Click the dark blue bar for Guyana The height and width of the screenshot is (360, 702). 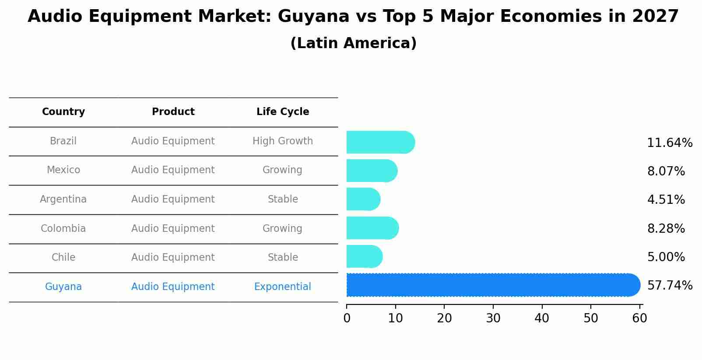pos(492,285)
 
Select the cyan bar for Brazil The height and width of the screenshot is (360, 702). pos(380,142)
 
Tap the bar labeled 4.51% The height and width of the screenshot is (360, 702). pos(363,199)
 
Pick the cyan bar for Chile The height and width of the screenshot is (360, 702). pos(364,257)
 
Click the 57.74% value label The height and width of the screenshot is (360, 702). pos(669,286)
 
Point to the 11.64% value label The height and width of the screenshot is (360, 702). pos(669,143)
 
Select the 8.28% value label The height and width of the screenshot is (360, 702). pos(666,229)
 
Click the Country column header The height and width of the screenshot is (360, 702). pos(63,112)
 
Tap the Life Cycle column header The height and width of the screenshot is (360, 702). pos(283,112)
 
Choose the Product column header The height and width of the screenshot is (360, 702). pos(173,112)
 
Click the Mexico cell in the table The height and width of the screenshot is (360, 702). pos(63,170)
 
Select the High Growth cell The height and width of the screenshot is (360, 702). pos(283,141)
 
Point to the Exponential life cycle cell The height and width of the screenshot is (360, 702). pos(283,287)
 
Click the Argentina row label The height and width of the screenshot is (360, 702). pos(63,199)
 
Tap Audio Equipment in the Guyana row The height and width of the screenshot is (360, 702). pos(173,287)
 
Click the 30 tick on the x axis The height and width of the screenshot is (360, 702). pos(493,318)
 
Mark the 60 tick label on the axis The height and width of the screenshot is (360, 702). pos(639,318)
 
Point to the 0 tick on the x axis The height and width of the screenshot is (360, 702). pos(347,318)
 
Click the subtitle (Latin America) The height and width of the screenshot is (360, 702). pos(353,43)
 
